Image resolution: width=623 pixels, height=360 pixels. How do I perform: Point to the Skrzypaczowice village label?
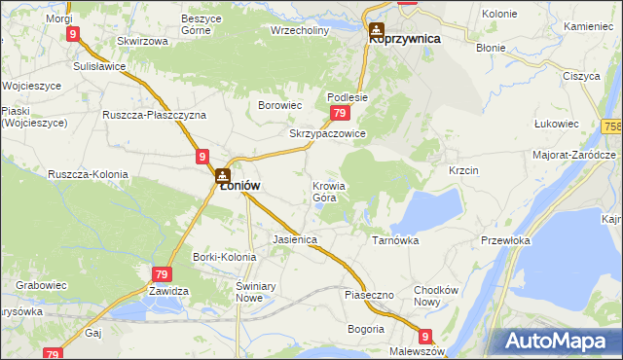click(x=327, y=134)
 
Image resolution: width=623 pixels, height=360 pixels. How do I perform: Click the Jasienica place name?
click(x=296, y=239)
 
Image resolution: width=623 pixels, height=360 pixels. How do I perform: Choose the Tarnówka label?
click(x=395, y=239)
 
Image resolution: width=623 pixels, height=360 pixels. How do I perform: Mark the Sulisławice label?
click(x=101, y=67)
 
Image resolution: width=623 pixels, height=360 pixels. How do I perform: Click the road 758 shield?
click(x=612, y=126)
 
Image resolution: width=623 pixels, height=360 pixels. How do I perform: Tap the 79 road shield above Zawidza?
click(x=162, y=275)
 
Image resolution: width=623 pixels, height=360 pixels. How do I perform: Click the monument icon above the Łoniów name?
click(x=223, y=176)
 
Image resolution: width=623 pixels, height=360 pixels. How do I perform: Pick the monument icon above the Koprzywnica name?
click(x=376, y=30)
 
